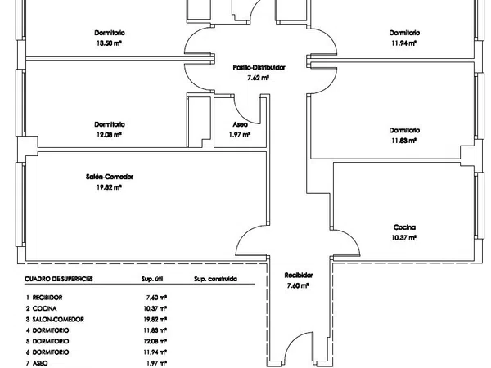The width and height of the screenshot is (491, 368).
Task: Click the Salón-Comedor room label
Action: click(110, 177)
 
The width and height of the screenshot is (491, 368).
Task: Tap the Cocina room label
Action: click(404, 227)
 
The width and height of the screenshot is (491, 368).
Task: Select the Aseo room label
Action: click(240, 124)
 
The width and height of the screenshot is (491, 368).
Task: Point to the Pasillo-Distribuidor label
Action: click(259, 67)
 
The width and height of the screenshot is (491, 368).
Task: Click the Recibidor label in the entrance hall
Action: click(299, 276)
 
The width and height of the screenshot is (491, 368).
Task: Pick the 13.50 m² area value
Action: click(109, 43)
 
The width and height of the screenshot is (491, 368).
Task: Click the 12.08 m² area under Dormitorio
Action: click(109, 135)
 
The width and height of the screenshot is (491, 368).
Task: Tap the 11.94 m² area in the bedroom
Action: click(403, 43)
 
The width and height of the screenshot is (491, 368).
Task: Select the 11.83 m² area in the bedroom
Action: click(403, 141)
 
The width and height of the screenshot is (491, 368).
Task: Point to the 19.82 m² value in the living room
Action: click(109, 187)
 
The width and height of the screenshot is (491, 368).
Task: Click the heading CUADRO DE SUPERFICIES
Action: click(59, 279)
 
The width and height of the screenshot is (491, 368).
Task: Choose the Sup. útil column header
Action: click(152, 279)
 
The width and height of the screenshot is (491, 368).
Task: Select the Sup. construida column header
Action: click(215, 279)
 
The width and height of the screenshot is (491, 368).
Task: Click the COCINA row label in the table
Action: click(45, 308)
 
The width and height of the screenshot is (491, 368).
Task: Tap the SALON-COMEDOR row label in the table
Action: click(58, 320)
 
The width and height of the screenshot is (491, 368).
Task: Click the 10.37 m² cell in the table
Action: click(155, 308)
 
